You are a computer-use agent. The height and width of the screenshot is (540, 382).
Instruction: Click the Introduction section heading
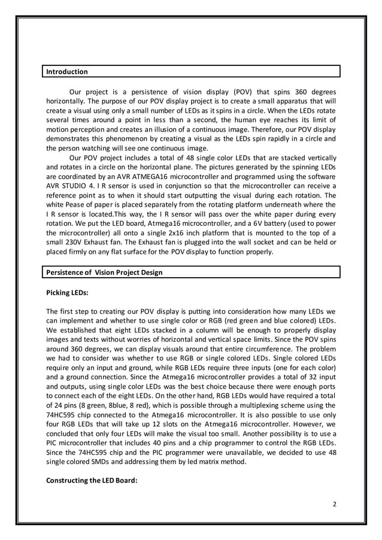(x=67, y=72)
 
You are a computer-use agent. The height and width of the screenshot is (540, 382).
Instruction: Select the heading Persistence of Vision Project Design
(x=104, y=272)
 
